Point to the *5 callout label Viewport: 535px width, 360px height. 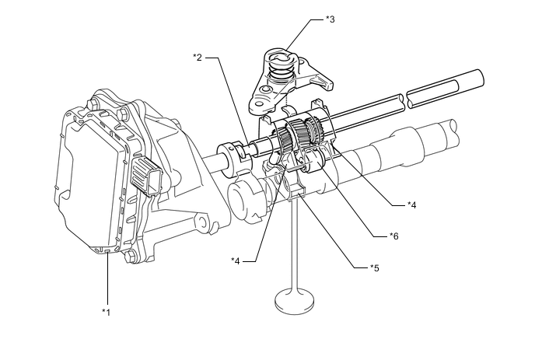(375, 268)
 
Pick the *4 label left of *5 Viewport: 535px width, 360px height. (236, 261)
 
